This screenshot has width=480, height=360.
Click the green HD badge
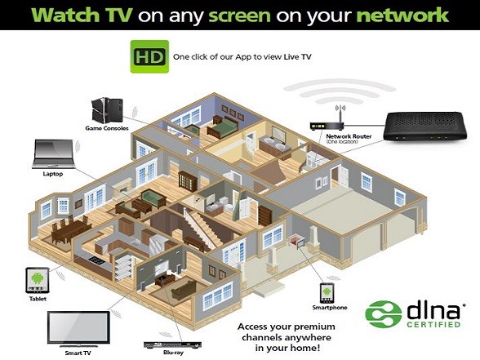pos(149,56)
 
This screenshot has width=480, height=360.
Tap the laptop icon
pos(53,154)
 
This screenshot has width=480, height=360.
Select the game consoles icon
pos(107,109)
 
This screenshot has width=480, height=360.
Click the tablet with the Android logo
pos(38,280)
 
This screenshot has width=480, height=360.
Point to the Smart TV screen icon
pos(78,330)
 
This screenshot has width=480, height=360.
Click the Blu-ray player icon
pos(173,344)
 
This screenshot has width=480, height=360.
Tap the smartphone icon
pos(327,292)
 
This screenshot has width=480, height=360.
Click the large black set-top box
pos(425,126)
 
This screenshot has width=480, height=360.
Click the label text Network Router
pos(349,136)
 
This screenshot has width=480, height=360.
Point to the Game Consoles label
pos(107,128)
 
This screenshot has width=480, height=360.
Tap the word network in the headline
pos(403,15)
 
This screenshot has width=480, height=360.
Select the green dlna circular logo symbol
pos(384,313)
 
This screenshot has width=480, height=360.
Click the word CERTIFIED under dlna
pos(433,324)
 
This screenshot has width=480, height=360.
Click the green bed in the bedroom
pos(223,126)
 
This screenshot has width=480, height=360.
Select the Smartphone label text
pos(330,307)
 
